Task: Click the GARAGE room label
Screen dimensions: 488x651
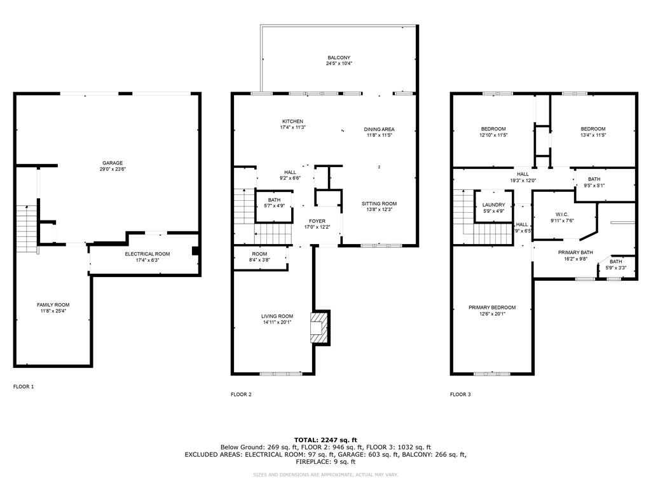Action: click(x=113, y=163)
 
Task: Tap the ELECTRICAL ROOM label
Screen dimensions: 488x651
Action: click(x=147, y=254)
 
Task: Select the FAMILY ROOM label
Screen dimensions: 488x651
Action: click(x=53, y=305)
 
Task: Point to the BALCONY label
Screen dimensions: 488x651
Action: click(x=339, y=58)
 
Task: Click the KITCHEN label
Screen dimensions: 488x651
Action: click(x=293, y=121)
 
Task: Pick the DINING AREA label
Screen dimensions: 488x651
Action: click(x=380, y=129)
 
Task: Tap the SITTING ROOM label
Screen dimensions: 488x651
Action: click(x=379, y=204)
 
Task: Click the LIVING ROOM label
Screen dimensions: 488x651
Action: click(x=277, y=316)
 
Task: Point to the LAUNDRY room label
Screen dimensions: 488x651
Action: click(x=493, y=205)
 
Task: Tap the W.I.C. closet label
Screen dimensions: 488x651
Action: click(x=561, y=214)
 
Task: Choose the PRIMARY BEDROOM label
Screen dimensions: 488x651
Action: click(x=492, y=308)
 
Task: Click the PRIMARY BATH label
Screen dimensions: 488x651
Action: click(x=575, y=252)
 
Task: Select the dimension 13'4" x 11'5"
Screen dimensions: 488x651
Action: click(x=593, y=135)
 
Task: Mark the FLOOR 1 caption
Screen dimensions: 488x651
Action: click(x=24, y=386)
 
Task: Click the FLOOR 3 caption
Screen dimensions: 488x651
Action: click(x=460, y=395)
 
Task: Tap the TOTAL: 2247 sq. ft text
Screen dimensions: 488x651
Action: click(x=325, y=440)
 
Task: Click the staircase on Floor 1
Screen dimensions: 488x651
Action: click(x=25, y=229)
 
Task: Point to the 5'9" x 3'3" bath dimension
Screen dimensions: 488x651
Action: click(x=616, y=268)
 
